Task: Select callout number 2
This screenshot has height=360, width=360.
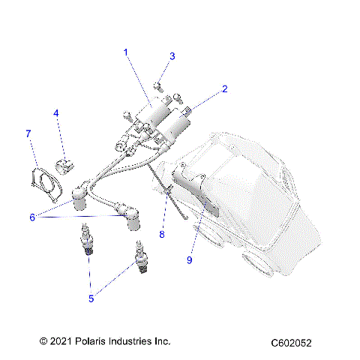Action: (x=224, y=89)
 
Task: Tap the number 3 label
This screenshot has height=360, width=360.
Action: (x=172, y=56)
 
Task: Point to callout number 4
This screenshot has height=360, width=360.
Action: (x=55, y=113)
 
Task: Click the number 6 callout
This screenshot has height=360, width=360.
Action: (x=32, y=217)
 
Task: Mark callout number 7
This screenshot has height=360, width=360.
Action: (x=28, y=133)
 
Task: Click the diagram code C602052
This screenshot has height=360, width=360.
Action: (x=292, y=343)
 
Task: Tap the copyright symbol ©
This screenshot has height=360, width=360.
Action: (x=43, y=341)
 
